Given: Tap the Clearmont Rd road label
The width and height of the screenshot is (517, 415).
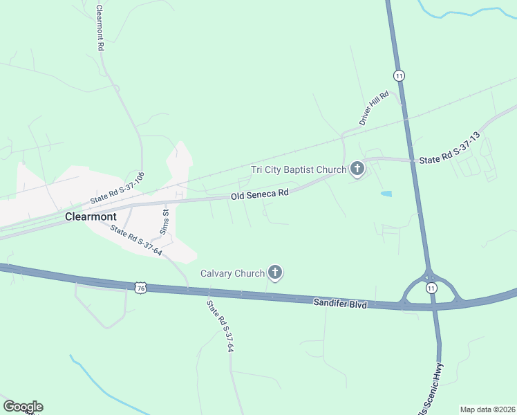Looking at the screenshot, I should pyautogui.click(x=100, y=28).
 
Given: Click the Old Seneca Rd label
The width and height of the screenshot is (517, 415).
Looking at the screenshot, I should pyautogui.click(x=259, y=196).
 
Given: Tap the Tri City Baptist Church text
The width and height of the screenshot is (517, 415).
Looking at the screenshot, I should pyautogui.click(x=298, y=169).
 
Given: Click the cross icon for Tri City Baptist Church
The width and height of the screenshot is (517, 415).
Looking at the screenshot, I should pyautogui.click(x=357, y=168).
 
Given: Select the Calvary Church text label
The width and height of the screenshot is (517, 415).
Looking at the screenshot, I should pyautogui.click(x=232, y=273).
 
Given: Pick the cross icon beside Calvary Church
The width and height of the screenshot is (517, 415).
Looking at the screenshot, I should pyautogui.click(x=275, y=273).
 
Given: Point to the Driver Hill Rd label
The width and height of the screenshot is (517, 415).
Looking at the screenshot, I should pyautogui.click(x=375, y=108).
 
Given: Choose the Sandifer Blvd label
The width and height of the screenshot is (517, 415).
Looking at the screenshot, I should pyautogui.click(x=339, y=303).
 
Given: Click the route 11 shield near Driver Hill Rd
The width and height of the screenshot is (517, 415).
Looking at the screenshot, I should pyautogui.click(x=399, y=75).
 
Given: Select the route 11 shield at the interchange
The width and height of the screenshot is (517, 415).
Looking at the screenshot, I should pyautogui.click(x=431, y=288).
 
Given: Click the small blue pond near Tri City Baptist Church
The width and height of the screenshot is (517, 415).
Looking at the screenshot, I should pyautogui.click(x=386, y=194).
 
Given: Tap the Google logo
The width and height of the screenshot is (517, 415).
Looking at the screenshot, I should pyautogui.click(x=23, y=407).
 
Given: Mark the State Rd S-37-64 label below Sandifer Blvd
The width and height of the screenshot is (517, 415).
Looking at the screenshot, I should pyautogui.click(x=218, y=326).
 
